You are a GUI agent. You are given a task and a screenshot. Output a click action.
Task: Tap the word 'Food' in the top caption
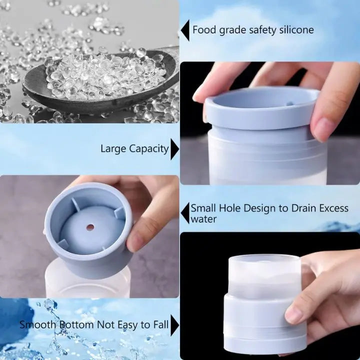pos(203,30)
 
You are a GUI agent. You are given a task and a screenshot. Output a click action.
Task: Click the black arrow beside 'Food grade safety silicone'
pos(185,30)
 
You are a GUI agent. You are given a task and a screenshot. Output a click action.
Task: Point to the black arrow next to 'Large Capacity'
pos(174,149)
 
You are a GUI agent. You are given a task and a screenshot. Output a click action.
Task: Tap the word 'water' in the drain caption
pos(204,219)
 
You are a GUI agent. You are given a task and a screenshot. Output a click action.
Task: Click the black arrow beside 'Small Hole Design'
pos(185,213)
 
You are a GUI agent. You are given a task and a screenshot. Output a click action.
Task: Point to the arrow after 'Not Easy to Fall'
pos(174,325)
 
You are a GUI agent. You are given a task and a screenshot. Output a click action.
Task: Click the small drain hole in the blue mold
pos(90,227)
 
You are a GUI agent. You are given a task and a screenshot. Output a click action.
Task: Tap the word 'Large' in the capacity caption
pos(113,148)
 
